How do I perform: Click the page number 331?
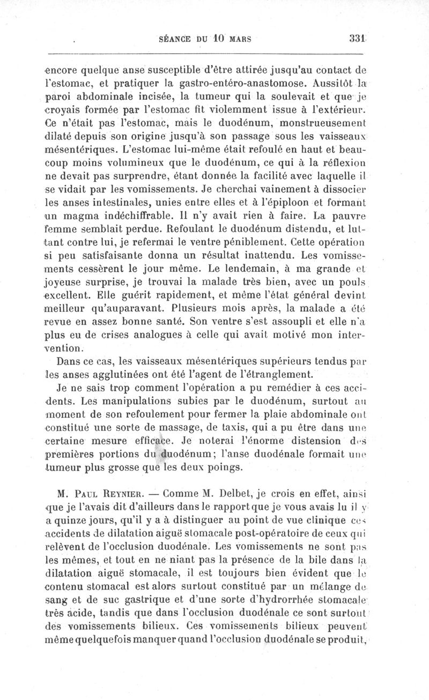point(357,39)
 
